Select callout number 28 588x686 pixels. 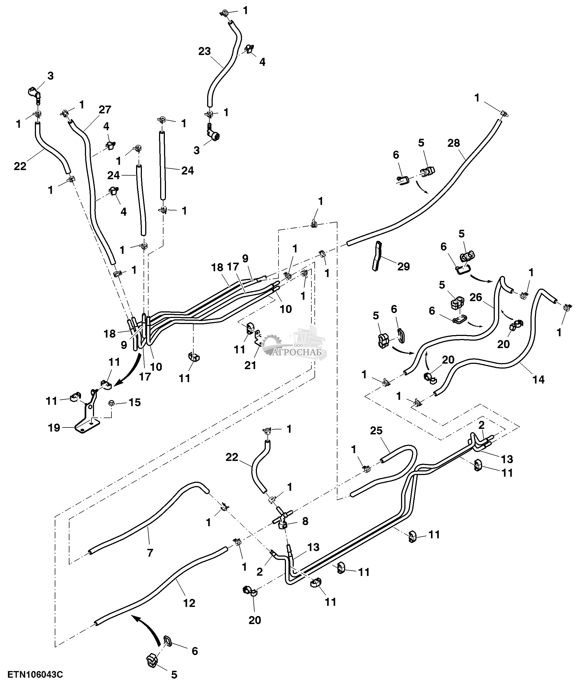tap(453, 143)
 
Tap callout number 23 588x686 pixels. tap(205, 51)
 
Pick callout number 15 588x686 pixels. tap(135, 402)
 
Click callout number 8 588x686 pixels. tap(305, 521)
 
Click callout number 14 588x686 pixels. tap(538, 379)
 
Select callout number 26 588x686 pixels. tap(476, 297)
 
